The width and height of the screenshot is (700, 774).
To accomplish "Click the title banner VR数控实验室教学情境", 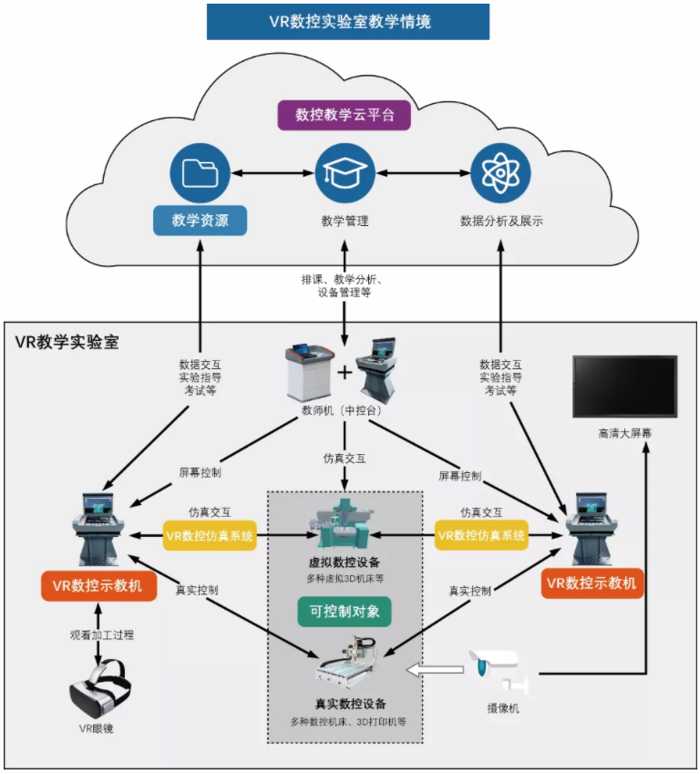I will [x=349, y=22].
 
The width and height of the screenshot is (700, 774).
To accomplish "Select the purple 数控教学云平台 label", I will [x=344, y=116].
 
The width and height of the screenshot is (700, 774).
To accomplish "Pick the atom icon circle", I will [x=500, y=173].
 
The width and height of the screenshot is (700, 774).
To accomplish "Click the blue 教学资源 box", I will [x=200, y=221].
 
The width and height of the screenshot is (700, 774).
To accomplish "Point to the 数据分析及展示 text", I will [x=501, y=221].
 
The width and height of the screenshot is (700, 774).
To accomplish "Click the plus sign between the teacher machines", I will [x=345, y=373].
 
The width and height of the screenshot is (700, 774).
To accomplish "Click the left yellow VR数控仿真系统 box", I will [x=210, y=535].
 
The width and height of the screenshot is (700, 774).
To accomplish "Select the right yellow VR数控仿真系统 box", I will [x=481, y=535].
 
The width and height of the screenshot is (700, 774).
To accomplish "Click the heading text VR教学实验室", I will [x=67, y=343].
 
